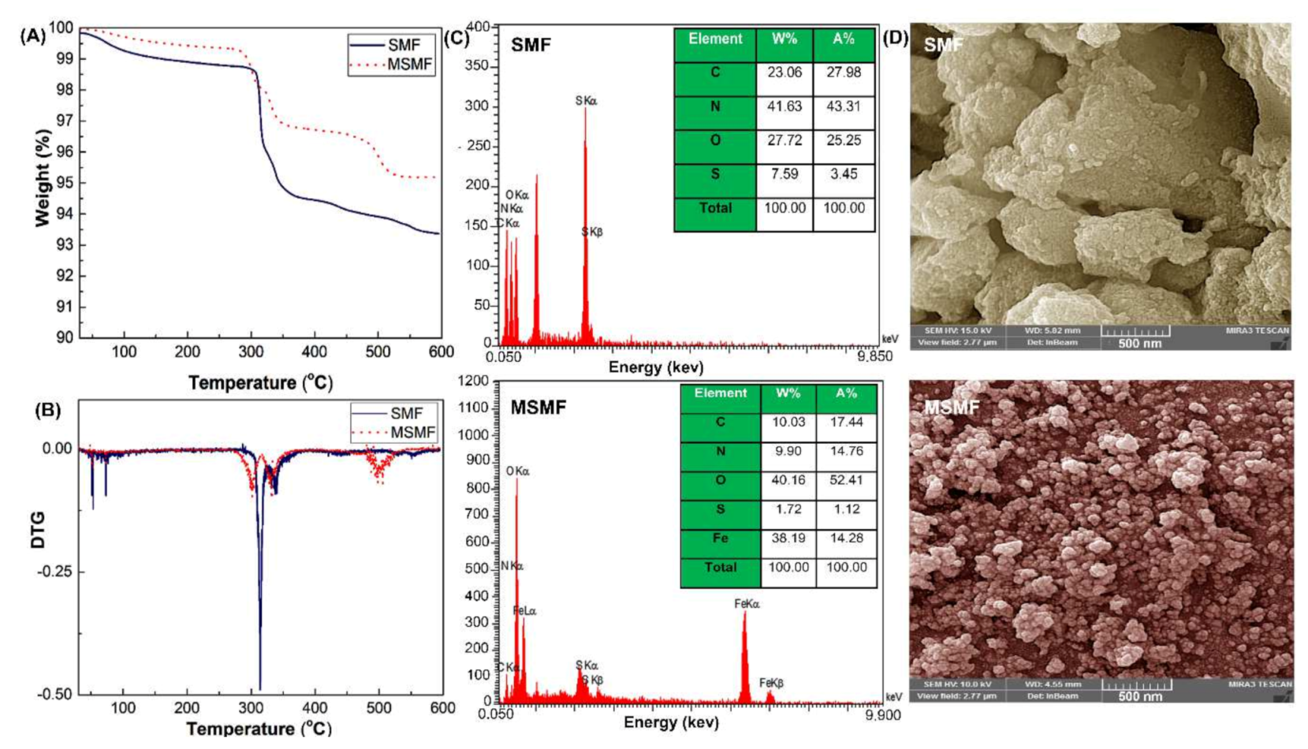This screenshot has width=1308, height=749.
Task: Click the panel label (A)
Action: (x=32, y=35)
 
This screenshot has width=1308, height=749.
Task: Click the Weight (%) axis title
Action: (x=43, y=178)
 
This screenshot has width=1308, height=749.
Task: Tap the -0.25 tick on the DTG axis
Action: (x=54, y=572)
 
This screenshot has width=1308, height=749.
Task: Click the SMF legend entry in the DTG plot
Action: (x=406, y=413)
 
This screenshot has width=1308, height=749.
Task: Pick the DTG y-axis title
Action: (x=38, y=530)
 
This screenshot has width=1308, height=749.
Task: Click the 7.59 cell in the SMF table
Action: (x=784, y=174)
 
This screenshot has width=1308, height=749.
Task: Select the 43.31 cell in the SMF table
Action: (x=843, y=106)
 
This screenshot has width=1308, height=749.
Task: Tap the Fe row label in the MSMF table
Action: (x=720, y=538)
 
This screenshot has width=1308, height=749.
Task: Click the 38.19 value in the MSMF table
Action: (x=788, y=538)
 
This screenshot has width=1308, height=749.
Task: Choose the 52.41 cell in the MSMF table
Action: (x=846, y=480)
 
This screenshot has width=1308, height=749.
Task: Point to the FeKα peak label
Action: (x=747, y=604)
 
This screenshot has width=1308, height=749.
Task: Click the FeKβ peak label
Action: (x=771, y=683)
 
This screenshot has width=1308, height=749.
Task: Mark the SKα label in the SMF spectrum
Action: (x=586, y=101)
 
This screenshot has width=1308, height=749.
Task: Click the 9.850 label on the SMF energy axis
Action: (x=875, y=356)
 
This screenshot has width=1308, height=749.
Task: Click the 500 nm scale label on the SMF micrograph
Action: (x=1139, y=344)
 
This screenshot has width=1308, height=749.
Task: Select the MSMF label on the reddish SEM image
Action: (x=952, y=408)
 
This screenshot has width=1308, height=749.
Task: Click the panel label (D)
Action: (x=895, y=37)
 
